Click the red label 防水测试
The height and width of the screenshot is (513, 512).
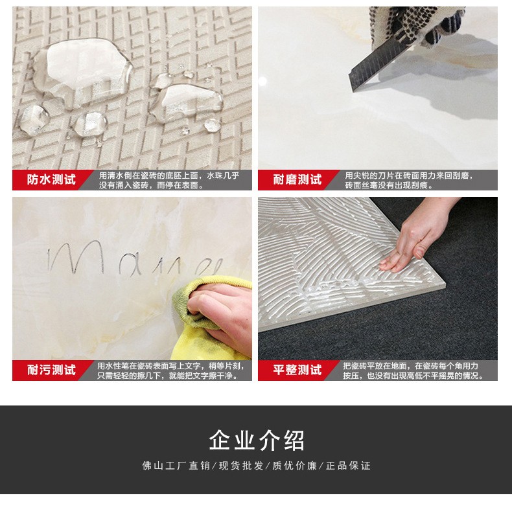coord(51,180)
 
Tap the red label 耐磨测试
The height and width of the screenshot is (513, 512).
coord(297,180)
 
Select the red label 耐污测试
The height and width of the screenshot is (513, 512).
coord(51,370)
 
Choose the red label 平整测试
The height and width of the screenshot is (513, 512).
coord(297,370)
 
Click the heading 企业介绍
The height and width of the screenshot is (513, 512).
coord(256,440)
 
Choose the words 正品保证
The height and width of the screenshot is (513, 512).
coord(348,466)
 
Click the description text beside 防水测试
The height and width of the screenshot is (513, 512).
coord(169,180)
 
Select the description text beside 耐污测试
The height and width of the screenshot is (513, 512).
coord(170,370)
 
